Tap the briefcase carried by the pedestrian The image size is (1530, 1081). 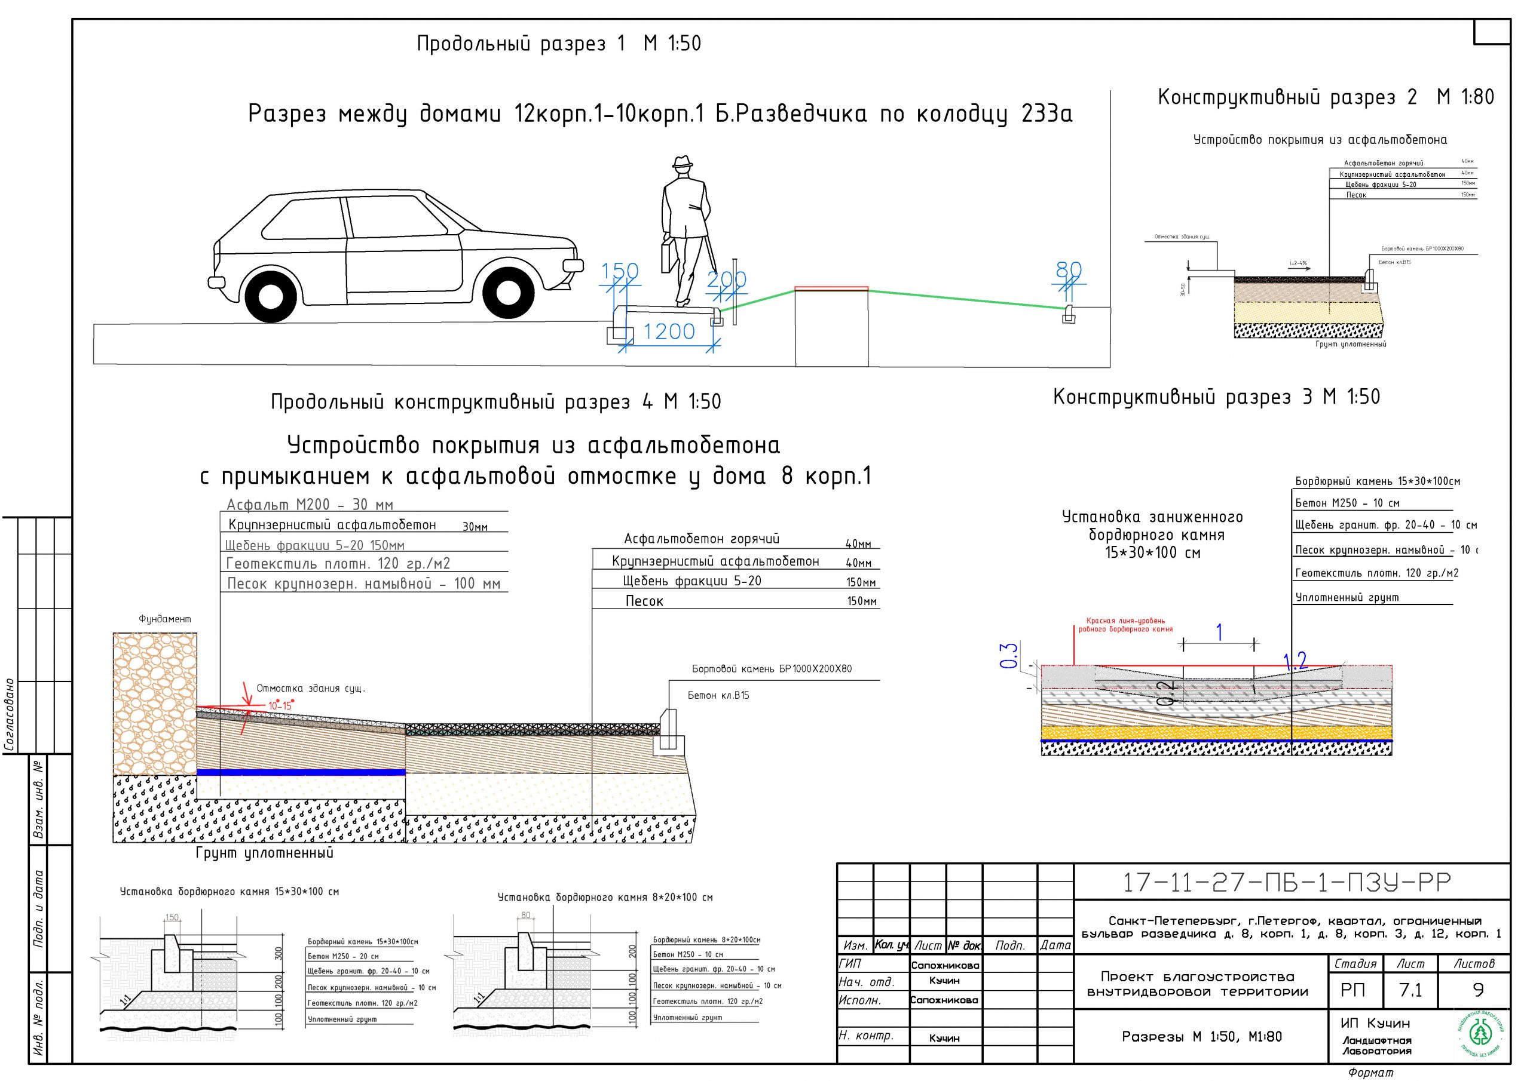(x=667, y=255)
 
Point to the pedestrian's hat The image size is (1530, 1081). (x=681, y=164)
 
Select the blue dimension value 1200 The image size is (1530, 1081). (x=668, y=331)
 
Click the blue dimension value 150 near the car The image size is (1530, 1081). (x=620, y=271)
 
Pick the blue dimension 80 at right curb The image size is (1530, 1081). (x=1069, y=269)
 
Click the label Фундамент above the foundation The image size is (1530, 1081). (x=164, y=619)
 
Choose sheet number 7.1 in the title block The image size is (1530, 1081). (x=1410, y=990)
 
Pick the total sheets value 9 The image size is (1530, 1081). (x=1478, y=990)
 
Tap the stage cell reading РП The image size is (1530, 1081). (x=1352, y=990)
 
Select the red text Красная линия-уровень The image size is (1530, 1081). (x=1125, y=621)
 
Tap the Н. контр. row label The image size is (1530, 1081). (x=865, y=1036)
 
